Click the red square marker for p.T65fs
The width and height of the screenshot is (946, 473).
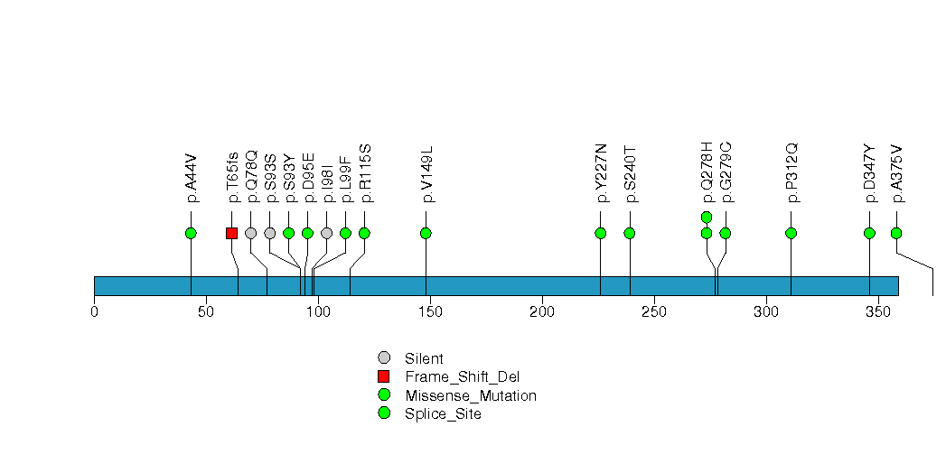point(231,233)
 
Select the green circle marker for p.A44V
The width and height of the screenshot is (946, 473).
point(191,233)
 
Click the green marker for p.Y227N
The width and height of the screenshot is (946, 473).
point(601,233)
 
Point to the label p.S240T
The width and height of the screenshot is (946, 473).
point(631,173)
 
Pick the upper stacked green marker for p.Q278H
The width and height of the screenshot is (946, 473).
point(707,217)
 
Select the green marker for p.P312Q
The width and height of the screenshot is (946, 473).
point(791,233)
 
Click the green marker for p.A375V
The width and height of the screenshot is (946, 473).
point(896,233)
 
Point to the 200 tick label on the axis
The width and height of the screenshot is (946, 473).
point(542,312)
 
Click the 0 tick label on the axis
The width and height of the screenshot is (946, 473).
point(94,312)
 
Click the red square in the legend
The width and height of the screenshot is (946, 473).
point(384,376)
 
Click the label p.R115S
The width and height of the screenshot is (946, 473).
point(365,172)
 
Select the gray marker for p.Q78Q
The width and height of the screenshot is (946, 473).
point(250,233)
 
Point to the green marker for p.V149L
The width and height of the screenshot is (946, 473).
point(426,233)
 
